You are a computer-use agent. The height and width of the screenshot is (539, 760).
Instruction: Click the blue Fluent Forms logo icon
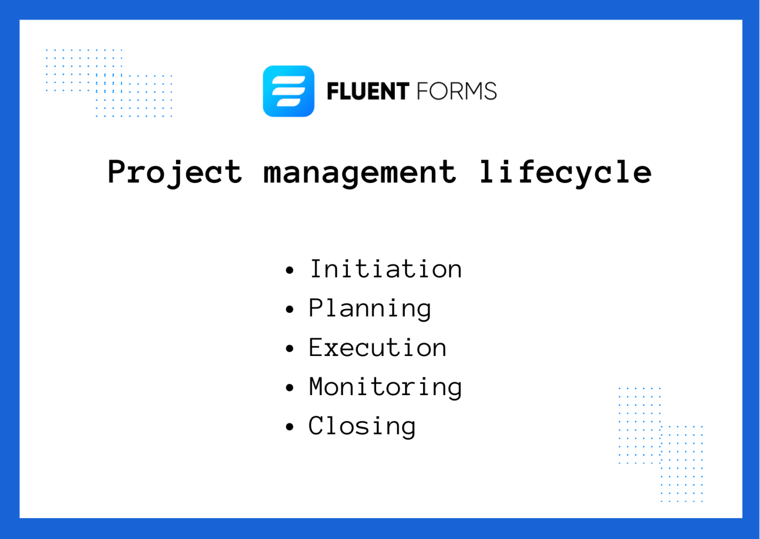(288, 91)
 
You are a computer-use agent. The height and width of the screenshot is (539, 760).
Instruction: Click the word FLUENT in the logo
(368, 91)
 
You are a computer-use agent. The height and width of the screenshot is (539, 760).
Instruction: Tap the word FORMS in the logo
(456, 91)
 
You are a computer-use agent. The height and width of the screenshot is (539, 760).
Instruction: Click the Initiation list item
(385, 269)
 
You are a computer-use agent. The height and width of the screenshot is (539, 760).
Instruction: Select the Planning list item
(370, 309)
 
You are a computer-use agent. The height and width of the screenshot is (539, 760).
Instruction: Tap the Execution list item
(378, 348)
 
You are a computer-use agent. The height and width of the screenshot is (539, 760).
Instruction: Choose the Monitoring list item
(385, 387)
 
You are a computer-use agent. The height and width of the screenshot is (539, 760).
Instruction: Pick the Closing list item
(362, 426)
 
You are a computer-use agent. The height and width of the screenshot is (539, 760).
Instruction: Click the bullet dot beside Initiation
(290, 270)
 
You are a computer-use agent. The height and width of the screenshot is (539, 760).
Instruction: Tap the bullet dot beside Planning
(290, 310)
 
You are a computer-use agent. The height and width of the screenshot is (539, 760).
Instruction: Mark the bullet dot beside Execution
(290, 349)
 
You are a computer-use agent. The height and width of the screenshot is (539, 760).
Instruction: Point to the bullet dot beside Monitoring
(290, 388)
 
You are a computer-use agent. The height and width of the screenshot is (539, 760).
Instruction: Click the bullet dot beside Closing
(290, 427)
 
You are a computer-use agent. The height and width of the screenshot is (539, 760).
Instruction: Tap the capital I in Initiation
(316, 269)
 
